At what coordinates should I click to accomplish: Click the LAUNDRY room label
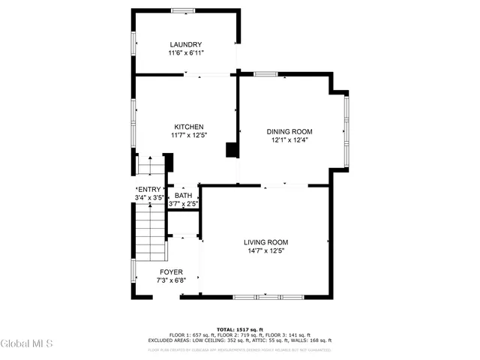coord(185,44)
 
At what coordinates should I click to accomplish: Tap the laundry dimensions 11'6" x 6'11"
coord(185,53)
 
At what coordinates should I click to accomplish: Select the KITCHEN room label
coord(189,127)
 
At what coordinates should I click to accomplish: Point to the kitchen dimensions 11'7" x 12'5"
coord(189,136)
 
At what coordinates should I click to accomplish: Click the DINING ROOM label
coord(289,131)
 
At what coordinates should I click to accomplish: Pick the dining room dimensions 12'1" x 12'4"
coord(289,139)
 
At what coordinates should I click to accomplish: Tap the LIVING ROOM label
coord(265,241)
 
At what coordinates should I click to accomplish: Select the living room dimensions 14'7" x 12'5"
coord(265,250)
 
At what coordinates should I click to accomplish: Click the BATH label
coord(183,195)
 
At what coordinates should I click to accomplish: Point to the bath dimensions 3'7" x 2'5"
coord(183,203)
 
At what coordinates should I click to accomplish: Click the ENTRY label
coord(148,189)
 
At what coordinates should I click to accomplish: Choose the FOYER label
coord(171,271)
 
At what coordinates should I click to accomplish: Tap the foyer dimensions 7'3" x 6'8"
coord(171,280)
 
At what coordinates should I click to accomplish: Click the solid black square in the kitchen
coord(232,151)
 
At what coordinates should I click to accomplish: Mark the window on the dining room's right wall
coord(346,130)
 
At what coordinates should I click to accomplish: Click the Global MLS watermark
coord(27,344)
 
